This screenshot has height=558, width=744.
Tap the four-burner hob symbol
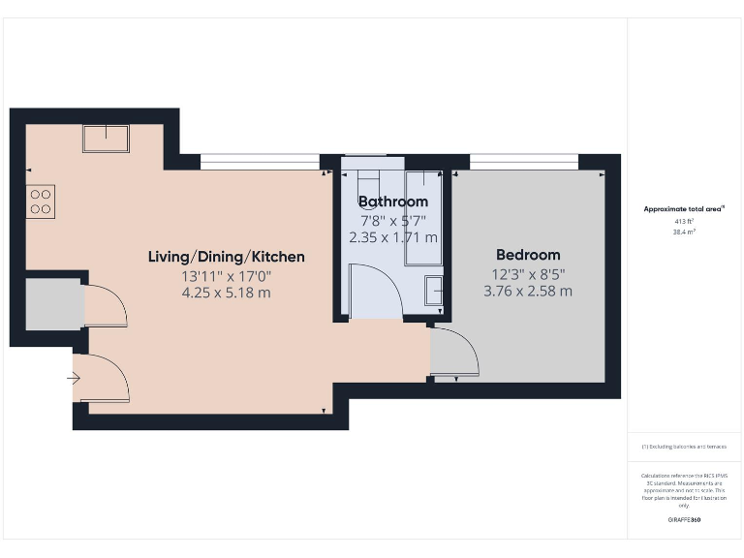pos(41,201)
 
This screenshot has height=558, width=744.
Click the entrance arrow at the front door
pos(76,378)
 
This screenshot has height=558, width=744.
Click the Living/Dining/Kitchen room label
pos(226,257)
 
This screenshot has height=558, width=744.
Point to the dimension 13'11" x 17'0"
pos(226,276)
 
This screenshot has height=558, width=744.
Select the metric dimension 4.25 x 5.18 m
pos(226,293)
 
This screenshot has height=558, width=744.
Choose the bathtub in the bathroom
pos(422,218)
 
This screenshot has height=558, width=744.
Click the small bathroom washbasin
pos(434,290)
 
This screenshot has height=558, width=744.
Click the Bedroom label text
pos(527,255)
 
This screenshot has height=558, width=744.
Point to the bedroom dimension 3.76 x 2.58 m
pos(527,290)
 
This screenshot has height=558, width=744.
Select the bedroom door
pos(453,354)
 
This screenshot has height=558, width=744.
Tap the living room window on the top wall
pos(259,161)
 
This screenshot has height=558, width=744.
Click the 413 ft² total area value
pos(685,222)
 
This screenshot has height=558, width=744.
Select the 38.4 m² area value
pos(685,232)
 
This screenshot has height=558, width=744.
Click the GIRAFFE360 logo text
pos(684,520)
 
